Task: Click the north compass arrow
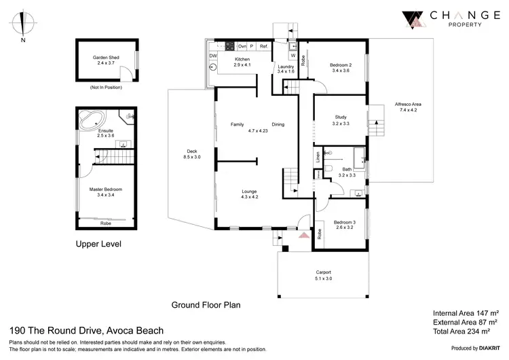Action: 24,22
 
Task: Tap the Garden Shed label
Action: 106,58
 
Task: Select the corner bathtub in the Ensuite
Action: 89,120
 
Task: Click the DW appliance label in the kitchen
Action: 213,55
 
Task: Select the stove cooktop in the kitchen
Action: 230,46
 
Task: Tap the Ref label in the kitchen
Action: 264,46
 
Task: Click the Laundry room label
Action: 286,66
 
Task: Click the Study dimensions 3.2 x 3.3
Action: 341,124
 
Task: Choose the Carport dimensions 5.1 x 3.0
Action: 322,277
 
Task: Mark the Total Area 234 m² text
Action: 466,331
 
